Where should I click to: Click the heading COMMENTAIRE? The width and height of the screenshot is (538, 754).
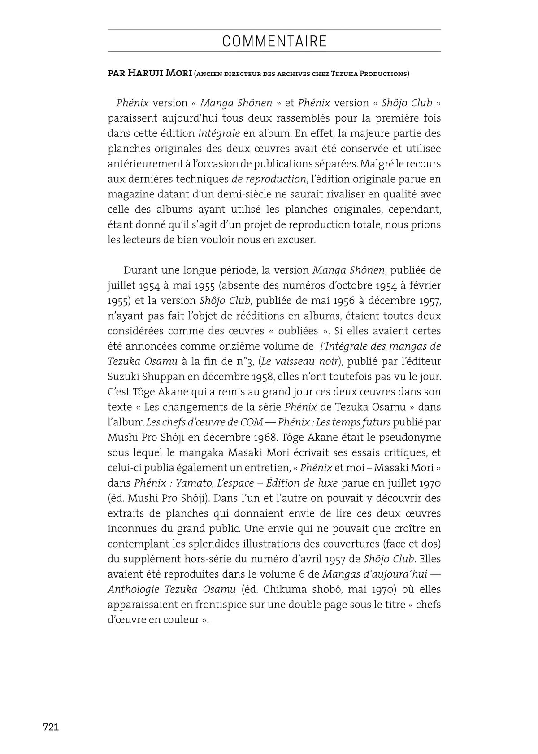click(274, 42)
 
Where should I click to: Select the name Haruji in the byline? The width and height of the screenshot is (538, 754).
click(143, 74)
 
